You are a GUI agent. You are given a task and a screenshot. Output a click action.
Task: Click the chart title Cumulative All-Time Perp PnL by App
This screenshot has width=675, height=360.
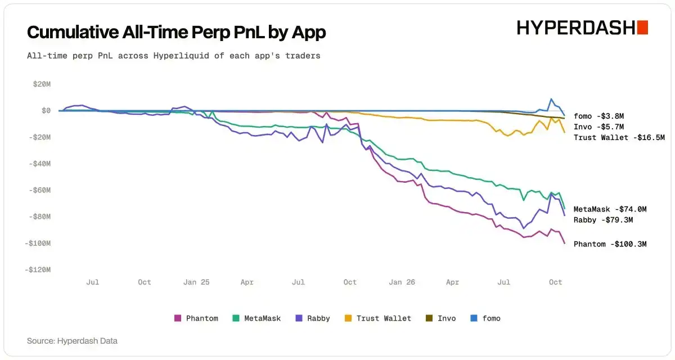click(176, 32)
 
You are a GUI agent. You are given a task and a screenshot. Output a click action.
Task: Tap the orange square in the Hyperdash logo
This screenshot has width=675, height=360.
click(642, 28)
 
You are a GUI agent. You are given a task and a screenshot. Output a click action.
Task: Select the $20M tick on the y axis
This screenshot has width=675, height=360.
click(42, 84)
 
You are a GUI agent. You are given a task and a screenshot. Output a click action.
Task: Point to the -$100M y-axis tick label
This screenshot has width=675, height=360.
click(38, 243)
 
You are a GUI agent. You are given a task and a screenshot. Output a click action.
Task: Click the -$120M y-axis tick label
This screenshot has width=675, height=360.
click(38, 269)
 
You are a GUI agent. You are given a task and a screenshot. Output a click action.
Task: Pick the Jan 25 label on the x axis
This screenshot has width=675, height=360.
click(196, 282)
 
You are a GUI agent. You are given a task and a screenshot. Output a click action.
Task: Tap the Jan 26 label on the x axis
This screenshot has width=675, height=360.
click(402, 282)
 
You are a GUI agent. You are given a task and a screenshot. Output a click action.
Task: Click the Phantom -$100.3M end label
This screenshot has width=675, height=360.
click(610, 244)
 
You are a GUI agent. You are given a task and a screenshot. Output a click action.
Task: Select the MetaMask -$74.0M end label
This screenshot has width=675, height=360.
click(610, 209)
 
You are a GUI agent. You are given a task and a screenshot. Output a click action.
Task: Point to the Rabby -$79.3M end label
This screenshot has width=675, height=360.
click(603, 220)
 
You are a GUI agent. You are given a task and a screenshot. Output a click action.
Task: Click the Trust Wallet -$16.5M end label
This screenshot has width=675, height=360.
click(619, 138)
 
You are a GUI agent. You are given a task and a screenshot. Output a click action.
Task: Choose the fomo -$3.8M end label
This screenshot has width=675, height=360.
click(598, 116)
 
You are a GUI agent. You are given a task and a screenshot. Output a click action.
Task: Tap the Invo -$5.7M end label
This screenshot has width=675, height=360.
click(598, 127)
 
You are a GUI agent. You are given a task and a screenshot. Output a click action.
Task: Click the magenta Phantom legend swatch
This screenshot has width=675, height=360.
click(178, 318)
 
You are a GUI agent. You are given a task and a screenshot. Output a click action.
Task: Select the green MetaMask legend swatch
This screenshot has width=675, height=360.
click(236, 318)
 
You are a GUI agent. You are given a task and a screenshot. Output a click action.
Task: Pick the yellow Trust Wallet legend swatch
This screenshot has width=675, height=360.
click(348, 318)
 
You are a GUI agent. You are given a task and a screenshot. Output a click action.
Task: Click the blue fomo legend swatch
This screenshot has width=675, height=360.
click(474, 318)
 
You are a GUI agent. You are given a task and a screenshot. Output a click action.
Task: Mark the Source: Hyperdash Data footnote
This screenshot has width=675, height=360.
click(73, 341)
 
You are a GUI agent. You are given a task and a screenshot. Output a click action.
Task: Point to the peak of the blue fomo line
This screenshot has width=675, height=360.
click(551, 99)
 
